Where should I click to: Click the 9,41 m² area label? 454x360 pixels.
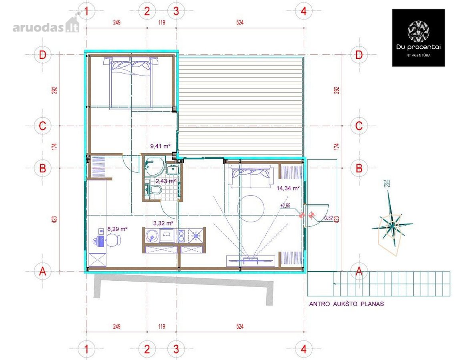(x=160, y=146)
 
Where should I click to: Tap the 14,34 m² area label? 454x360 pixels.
(x=288, y=188)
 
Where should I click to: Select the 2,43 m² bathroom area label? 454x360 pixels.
(x=166, y=181)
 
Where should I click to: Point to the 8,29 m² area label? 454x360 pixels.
(x=117, y=229)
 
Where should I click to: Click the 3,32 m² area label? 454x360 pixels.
(x=163, y=223)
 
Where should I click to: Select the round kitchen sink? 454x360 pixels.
(x=151, y=236)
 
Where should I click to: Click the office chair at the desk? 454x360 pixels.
(x=114, y=240)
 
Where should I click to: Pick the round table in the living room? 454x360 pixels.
(x=251, y=208)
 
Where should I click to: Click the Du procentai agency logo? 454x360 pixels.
(x=418, y=38)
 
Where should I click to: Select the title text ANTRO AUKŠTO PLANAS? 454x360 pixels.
(x=346, y=304)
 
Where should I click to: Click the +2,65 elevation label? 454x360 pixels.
(x=285, y=206)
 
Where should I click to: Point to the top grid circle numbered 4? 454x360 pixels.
(x=303, y=11)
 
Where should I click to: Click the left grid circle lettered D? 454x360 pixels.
(x=42, y=55)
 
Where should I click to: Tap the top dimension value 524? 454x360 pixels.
(x=240, y=22)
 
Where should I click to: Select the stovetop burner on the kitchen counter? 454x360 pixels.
(x=196, y=236)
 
